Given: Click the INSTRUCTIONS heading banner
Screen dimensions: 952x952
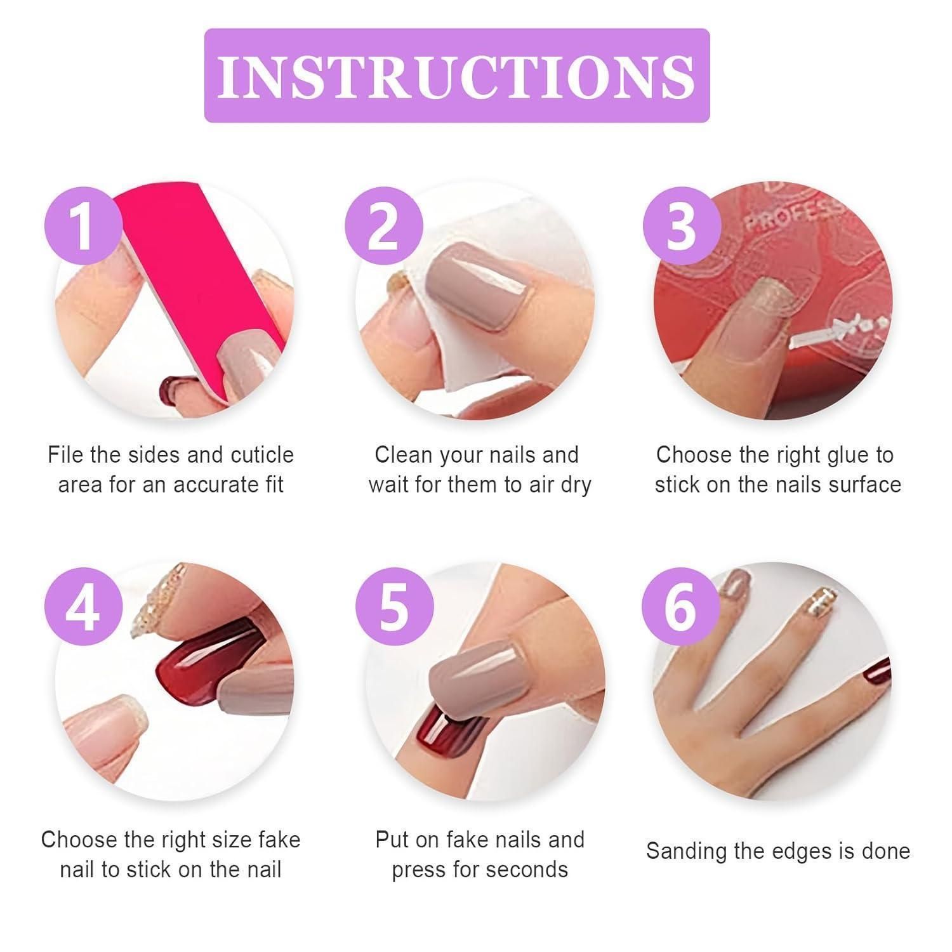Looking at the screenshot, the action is click(x=457, y=76).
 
